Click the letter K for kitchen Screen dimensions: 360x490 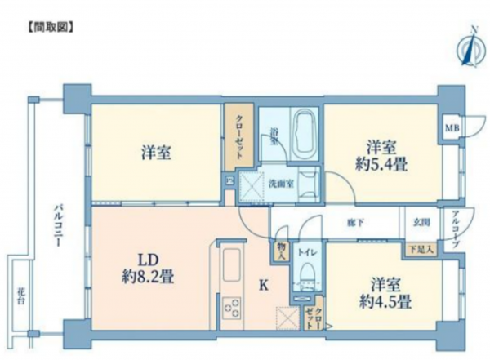(264, 285)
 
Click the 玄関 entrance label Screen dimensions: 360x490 (419, 220)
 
